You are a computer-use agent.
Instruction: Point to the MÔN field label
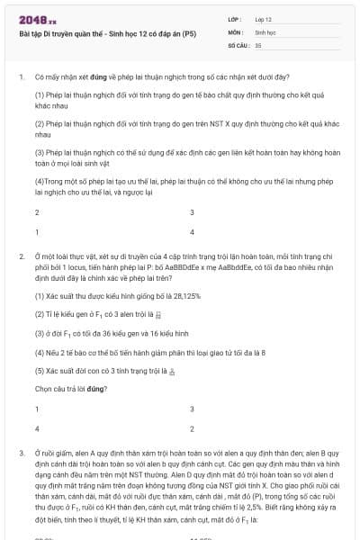coord(236,31)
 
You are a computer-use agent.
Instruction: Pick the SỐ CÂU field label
coord(238,44)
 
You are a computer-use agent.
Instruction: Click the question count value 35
coord(258,44)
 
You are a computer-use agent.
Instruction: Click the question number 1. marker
coord(20,78)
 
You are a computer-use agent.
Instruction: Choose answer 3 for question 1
coord(192,212)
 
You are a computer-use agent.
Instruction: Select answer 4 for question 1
coord(192,231)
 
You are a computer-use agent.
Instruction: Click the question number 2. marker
coord(20,256)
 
